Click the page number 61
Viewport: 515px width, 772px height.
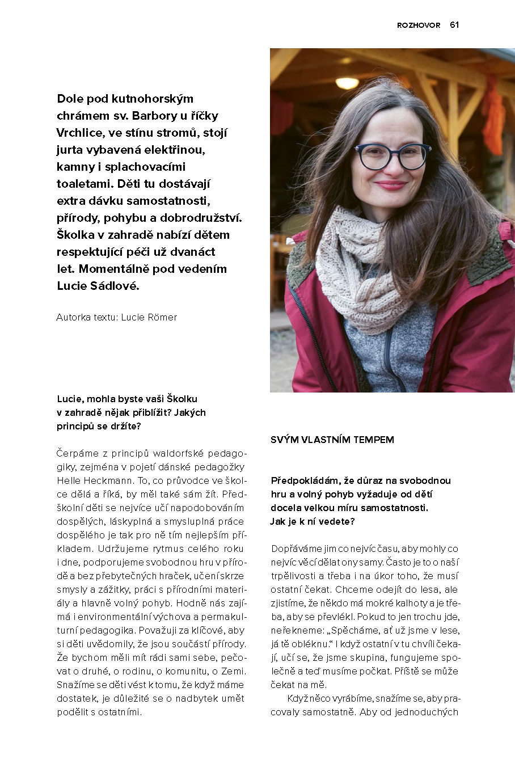coord(454,25)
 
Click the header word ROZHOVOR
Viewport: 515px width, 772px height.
coord(419,26)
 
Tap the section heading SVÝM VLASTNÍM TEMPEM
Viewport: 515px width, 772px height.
coord(332,440)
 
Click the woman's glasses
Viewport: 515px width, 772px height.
coord(392,157)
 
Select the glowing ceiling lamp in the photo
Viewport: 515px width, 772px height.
coord(347,83)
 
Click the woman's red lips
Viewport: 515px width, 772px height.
coord(390,185)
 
